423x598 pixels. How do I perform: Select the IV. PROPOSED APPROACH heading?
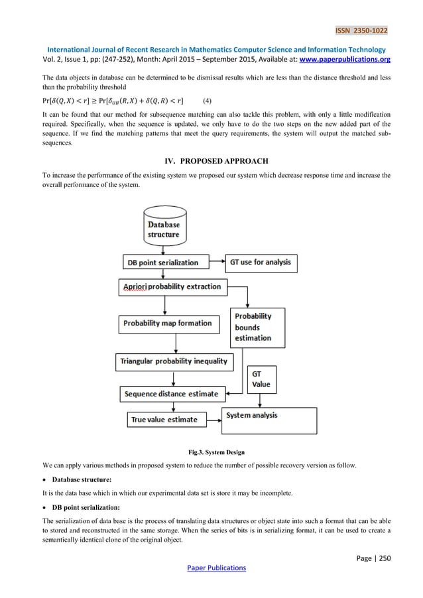point(211,160)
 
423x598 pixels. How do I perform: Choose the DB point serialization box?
point(162,262)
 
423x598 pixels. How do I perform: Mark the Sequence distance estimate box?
point(170,394)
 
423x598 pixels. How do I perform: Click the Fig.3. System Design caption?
point(211,453)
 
